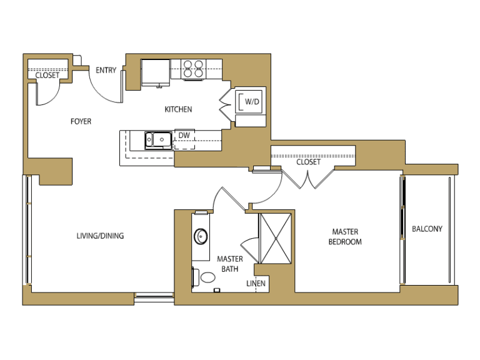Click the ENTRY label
click(106, 70)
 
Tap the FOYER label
click(81, 121)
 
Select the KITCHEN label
click(178, 109)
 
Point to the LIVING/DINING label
click(100, 236)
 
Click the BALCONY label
click(427, 229)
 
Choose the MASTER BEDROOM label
click(345, 237)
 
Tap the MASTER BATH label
click(229, 264)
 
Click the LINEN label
click(256, 284)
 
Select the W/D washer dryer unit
click(249, 102)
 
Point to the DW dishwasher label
click(184, 135)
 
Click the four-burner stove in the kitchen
click(194, 69)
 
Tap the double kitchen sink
click(158, 140)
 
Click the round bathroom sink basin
click(201, 237)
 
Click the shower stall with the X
click(276, 238)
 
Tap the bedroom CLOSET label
click(308, 162)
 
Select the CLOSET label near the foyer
click(47, 75)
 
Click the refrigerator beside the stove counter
click(156, 72)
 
